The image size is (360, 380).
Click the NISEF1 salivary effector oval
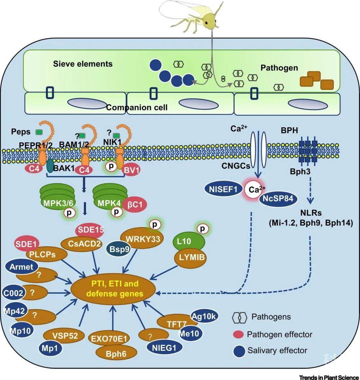[x=223, y=189]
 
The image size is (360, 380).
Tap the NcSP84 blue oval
[x=278, y=199]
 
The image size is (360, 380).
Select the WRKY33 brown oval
[x=143, y=239]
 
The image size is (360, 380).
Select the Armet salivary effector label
[x=21, y=267]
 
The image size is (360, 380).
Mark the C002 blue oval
[x=13, y=293]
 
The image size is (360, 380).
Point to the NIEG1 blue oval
[x=165, y=347]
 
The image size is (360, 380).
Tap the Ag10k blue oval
[x=204, y=316]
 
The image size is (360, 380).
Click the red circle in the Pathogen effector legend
[x=238, y=334]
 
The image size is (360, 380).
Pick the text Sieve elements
[x=83, y=64]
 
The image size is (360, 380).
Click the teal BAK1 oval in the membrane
[x=50, y=165]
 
